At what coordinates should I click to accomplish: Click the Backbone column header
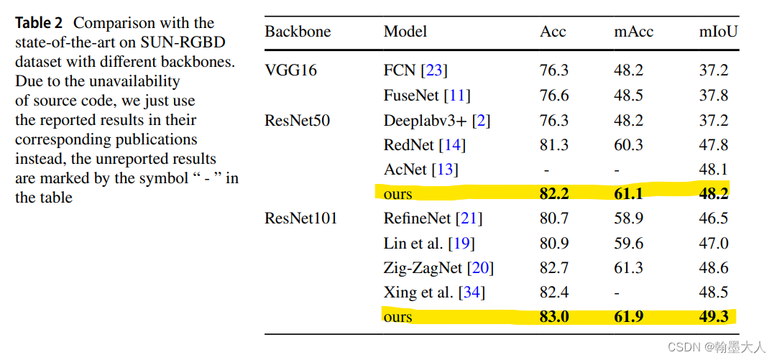point(298,32)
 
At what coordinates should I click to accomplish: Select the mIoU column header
point(718,32)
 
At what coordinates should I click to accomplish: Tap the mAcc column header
point(633,32)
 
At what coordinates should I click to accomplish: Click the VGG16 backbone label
point(290,70)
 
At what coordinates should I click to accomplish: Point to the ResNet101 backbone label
point(300,218)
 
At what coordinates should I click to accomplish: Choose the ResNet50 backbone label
point(297,120)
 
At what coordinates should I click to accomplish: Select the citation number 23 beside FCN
point(433,70)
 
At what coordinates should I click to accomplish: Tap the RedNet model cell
point(409,145)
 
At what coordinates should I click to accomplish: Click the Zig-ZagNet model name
point(423,268)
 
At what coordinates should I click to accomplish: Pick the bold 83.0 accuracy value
point(553,317)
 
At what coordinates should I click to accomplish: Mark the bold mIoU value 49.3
point(714,317)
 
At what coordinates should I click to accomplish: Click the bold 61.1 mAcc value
point(628,194)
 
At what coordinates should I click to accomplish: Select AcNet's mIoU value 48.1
point(714,170)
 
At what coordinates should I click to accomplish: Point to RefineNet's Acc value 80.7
point(553,218)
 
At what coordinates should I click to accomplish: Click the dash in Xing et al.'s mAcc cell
point(617,293)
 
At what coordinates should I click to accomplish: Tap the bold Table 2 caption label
point(39,23)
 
